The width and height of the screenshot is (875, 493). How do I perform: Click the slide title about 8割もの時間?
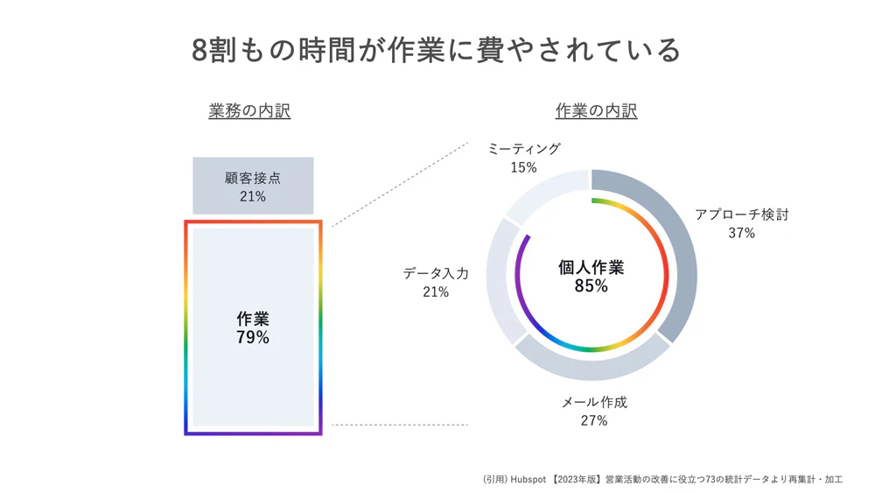point(437,49)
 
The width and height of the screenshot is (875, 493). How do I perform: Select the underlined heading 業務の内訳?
point(249,111)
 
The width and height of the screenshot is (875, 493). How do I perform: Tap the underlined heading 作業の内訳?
point(596,111)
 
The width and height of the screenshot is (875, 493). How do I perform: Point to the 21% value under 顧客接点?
point(253,197)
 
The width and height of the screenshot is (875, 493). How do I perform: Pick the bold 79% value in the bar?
point(253,337)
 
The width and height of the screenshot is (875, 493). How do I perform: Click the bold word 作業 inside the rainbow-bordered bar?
point(253,319)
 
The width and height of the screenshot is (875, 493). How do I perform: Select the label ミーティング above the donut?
point(524,149)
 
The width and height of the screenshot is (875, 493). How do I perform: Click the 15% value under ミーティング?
point(524,167)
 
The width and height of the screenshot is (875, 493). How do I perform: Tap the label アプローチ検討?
point(741,215)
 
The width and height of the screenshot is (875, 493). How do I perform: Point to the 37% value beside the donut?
point(741,233)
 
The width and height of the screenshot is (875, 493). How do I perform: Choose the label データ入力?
point(436,273)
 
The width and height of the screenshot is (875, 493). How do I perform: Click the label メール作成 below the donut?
point(594,402)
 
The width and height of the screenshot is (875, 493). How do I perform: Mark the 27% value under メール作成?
point(594,421)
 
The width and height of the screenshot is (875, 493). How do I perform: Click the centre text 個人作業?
point(591,267)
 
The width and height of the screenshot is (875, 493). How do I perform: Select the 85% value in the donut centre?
point(591,286)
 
